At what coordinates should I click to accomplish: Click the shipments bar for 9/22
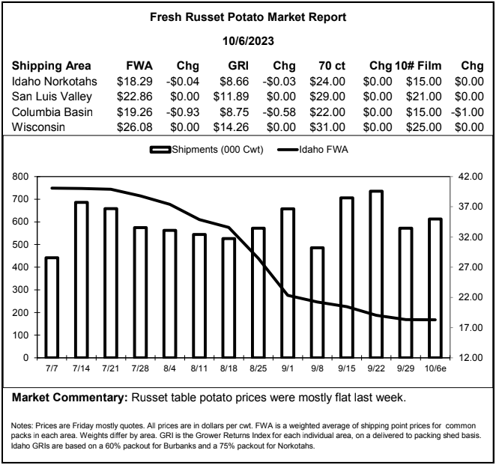(376, 274)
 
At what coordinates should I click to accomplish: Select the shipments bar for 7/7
(52, 308)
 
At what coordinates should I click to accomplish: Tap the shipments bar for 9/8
(317, 303)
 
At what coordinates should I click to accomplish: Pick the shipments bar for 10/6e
(435, 288)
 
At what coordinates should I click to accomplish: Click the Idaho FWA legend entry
(312, 149)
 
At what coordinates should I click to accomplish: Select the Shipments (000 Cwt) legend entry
(207, 150)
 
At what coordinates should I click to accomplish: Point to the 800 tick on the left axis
(20, 177)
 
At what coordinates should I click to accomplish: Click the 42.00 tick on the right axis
(471, 177)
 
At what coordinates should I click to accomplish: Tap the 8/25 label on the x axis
(258, 368)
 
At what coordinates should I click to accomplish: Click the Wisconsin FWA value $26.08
(135, 127)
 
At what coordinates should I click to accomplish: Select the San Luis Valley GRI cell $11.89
(231, 97)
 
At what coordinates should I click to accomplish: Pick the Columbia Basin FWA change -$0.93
(183, 112)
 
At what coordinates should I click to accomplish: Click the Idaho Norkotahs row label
(55, 81)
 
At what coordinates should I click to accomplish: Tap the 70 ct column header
(332, 66)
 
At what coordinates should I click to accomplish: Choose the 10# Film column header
(418, 66)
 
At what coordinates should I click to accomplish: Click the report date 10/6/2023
(248, 41)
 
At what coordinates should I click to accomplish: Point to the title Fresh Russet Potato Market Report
(248, 16)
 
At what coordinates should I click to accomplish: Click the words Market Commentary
(70, 398)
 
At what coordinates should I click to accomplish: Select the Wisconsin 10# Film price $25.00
(424, 127)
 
